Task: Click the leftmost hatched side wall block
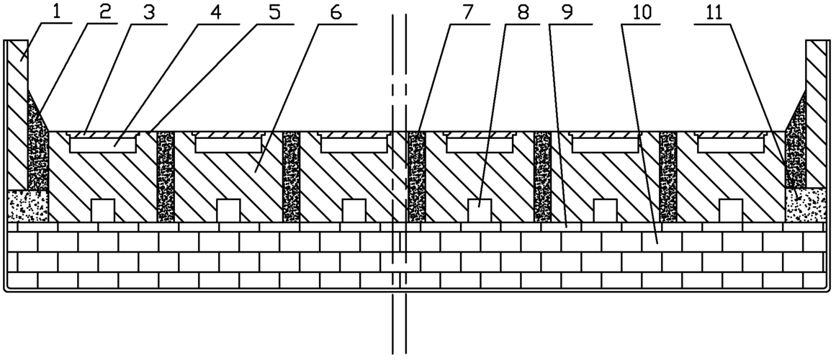(17, 114)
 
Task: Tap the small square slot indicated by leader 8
(480, 210)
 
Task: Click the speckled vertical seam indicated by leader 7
(416, 176)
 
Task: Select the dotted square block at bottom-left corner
(28, 206)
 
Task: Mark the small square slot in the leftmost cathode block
(102, 210)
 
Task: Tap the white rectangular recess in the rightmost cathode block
(731, 145)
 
